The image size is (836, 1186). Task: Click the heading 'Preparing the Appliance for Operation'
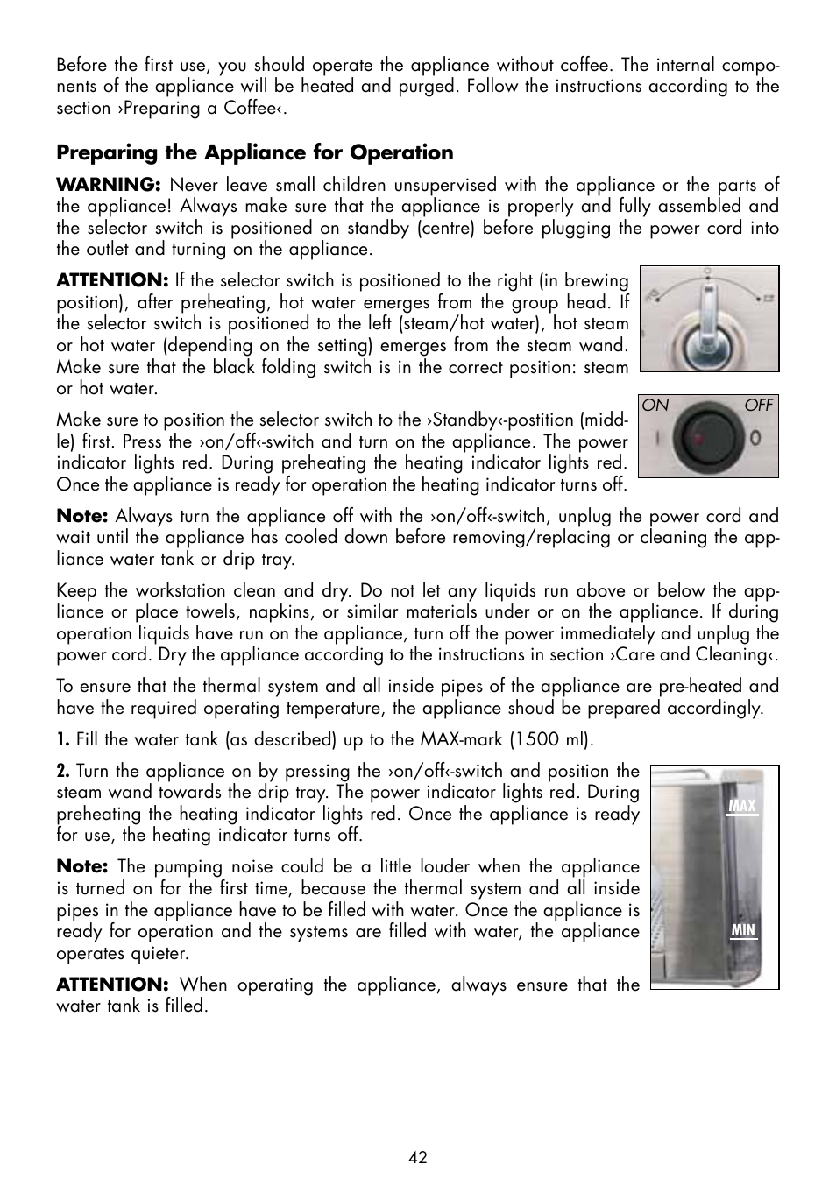255,152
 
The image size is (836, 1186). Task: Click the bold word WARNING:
108,185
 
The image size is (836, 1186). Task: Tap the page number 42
417,1157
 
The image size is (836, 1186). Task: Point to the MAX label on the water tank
742,806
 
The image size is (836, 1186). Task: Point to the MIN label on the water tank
742,931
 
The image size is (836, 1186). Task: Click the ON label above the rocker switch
655,406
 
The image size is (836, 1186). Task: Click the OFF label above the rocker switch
759,406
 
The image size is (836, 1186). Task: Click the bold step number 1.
63,739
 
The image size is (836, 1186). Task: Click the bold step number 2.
63,771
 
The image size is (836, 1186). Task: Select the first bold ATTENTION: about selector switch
111,281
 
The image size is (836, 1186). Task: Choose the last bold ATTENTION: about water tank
111,985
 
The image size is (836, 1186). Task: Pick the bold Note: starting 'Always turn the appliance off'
81,516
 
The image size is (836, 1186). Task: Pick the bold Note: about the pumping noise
81,866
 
